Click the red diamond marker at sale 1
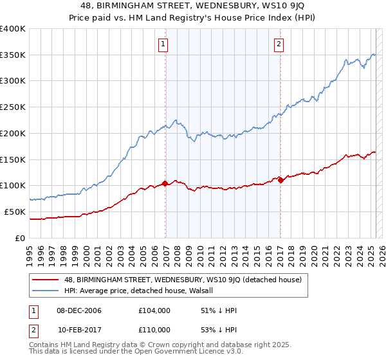[x=165, y=183]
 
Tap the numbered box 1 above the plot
[x=163, y=44]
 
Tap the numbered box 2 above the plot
[x=279, y=44]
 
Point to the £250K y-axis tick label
[x=13, y=107]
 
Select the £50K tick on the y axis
[x=15, y=212]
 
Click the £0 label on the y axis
[x=21, y=238]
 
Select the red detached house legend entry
[x=187, y=280]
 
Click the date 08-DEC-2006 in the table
[x=79, y=310]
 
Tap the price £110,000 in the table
[x=154, y=329]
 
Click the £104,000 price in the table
[x=154, y=310]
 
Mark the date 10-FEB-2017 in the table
[x=79, y=329]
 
